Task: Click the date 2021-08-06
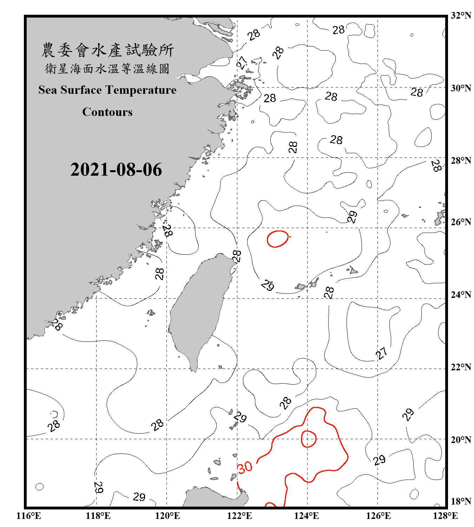116,170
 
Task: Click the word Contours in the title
107,112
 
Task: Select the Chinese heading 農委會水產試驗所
107,50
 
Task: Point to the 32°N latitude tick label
461,15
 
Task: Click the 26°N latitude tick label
461,222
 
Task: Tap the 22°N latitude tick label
461,367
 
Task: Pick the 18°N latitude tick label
461,501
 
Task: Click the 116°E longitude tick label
29,516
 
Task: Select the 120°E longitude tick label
167,516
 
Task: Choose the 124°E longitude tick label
307,516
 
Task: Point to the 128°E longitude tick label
445,516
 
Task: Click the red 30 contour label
245,467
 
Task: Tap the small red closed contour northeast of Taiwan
277,239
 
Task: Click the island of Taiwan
198,309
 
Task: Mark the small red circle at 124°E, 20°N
308,439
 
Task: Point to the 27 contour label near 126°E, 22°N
382,353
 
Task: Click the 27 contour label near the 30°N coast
242,63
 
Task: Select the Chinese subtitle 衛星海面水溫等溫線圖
107,69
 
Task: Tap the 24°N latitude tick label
461,295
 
